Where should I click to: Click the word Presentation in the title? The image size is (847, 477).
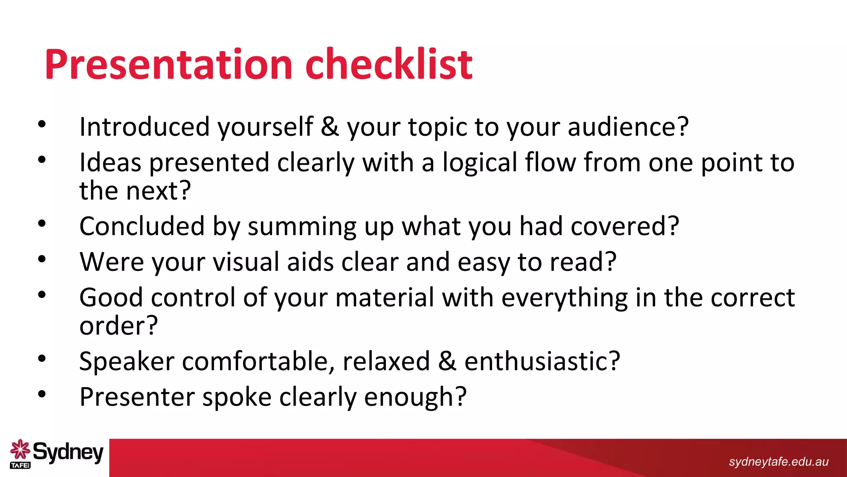169,65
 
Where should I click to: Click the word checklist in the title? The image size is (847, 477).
389,65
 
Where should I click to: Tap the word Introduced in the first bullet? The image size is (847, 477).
145,127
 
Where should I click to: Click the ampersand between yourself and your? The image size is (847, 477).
330,127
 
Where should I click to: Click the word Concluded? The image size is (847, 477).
142,226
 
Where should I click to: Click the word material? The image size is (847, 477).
385,298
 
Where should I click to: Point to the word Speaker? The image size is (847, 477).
127,361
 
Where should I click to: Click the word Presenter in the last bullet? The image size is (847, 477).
137,397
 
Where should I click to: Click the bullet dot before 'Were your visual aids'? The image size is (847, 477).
42,259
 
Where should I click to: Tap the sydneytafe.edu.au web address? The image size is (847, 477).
778,462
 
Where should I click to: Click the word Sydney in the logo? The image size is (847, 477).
68,452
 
